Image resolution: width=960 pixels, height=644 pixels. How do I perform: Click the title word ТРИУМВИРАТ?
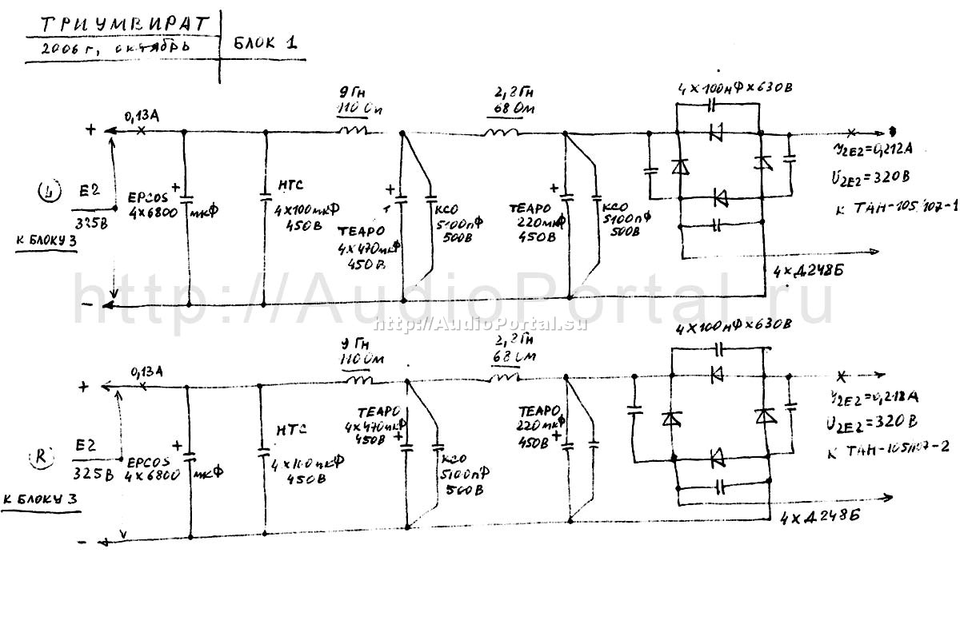pos(122,24)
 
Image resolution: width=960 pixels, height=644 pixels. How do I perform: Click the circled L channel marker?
pos(50,191)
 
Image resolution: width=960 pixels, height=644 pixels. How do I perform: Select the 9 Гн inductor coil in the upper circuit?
pos(353,130)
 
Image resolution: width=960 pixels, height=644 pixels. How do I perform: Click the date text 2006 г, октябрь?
pos(106,49)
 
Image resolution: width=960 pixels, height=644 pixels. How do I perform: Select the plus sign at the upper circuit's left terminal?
pos(90,129)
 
